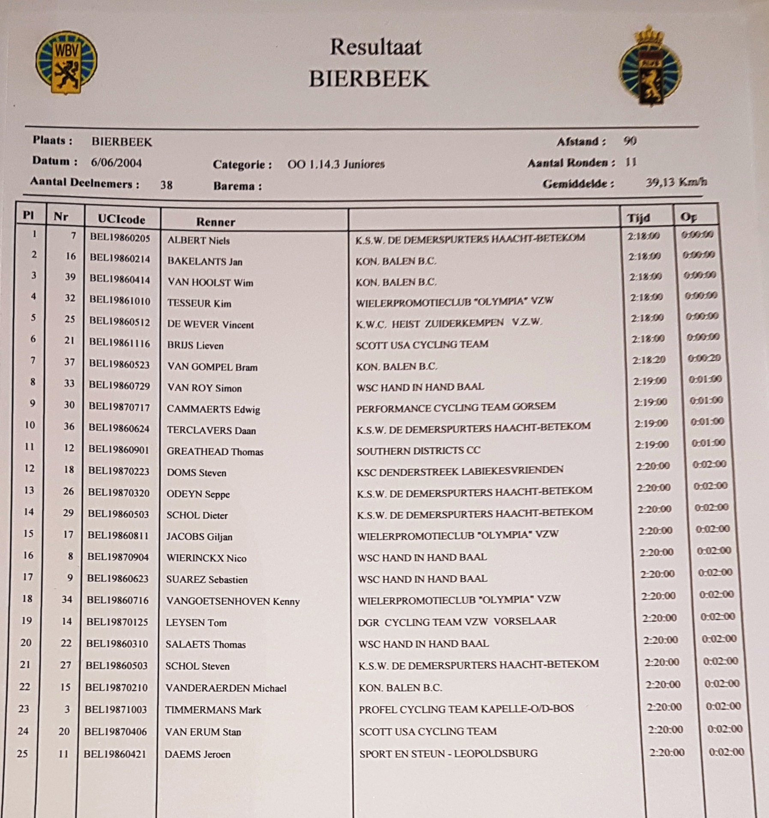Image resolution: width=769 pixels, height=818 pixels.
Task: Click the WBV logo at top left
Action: (66, 62)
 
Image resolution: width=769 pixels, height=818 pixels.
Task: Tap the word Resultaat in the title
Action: (376, 47)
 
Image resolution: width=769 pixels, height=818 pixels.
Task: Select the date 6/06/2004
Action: (116, 163)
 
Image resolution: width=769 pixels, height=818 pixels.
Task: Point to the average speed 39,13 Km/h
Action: (676, 182)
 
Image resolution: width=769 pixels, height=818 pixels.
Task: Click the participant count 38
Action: (166, 185)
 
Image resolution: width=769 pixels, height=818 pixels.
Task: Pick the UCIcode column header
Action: (121, 219)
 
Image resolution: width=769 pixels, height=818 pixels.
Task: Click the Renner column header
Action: (215, 222)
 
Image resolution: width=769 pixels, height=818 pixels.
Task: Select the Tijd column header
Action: (638, 218)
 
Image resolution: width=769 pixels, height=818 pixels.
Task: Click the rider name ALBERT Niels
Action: (198, 240)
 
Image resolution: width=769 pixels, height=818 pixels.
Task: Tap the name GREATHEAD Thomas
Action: (215, 452)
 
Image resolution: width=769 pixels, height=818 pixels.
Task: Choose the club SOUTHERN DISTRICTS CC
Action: (418, 451)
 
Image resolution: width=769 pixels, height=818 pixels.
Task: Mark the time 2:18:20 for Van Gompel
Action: (649, 360)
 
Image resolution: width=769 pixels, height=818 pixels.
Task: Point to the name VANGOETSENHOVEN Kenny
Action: (233, 601)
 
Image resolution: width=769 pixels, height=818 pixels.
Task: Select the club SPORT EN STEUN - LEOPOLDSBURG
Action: (448, 753)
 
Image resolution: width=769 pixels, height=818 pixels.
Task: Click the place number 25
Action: (22, 753)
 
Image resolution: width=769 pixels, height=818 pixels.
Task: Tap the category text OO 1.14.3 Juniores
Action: (336, 164)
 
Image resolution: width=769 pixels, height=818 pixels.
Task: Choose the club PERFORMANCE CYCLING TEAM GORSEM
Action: (456, 407)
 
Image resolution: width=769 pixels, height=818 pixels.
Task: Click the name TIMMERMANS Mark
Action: (213, 710)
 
